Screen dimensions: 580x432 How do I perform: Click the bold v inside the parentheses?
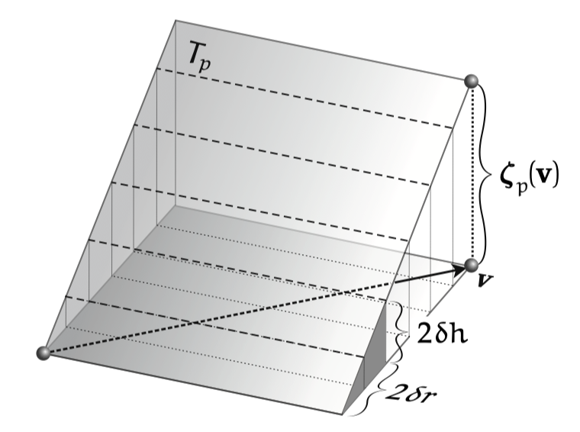[x=540, y=177]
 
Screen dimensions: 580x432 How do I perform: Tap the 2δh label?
[x=442, y=334]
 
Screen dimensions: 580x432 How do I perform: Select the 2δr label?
[x=411, y=393]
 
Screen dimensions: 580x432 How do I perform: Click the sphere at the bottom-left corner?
[x=43, y=353]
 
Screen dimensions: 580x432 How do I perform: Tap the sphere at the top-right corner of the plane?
[x=472, y=81]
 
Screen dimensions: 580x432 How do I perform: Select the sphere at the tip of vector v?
[x=472, y=266]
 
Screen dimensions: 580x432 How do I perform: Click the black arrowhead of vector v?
[x=459, y=269]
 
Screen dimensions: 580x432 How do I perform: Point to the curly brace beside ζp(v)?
[x=486, y=172]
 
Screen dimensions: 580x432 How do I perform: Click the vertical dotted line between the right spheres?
[x=472, y=173]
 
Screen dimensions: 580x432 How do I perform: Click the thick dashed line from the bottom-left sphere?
[x=219, y=318]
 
